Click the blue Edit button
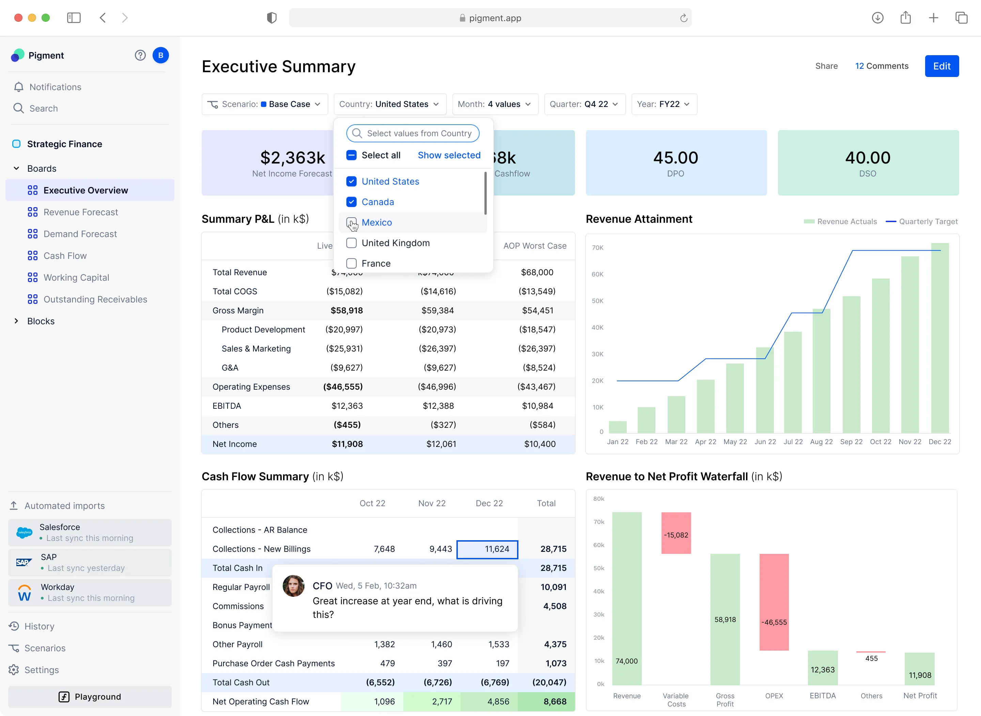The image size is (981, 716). tap(941, 66)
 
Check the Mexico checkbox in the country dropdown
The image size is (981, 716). tap(352, 222)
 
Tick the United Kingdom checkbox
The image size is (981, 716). tap(352, 243)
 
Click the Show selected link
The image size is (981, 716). tap(449, 155)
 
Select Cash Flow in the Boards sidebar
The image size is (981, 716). tap(65, 256)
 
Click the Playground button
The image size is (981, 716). tap(90, 697)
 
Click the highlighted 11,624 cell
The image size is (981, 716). tap(487, 549)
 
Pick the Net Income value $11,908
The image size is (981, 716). tap(347, 444)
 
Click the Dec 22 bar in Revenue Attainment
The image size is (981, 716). tap(939, 338)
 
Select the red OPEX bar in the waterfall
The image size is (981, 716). tap(774, 603)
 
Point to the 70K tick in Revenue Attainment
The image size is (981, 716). tap(597, 248)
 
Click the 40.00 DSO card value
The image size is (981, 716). tap(868, 158)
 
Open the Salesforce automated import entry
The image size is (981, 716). tap(90, 533)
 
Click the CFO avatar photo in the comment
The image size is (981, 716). tap(293, 586)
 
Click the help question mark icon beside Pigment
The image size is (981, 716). tap(140, 56)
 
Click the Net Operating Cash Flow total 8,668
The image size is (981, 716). tap(554, 701)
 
